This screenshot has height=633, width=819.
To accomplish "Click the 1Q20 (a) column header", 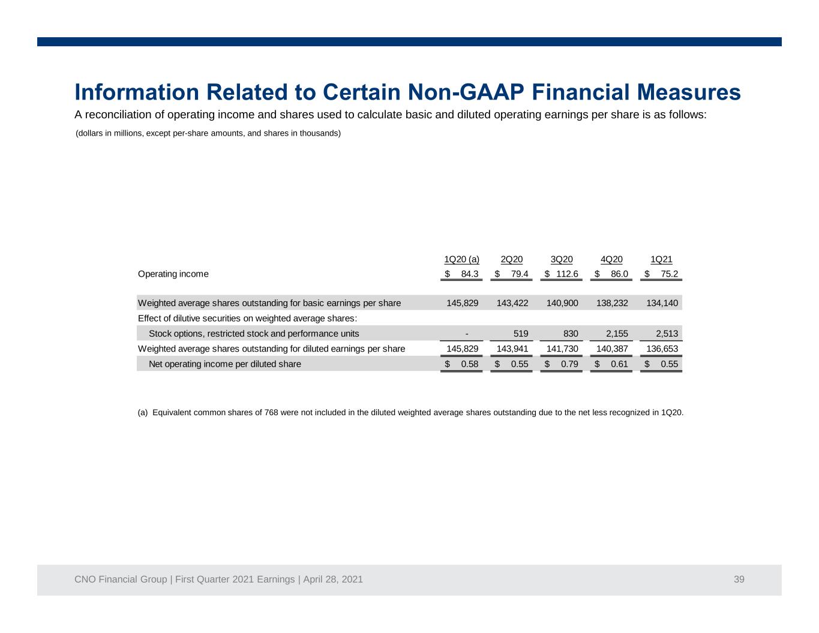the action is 461,259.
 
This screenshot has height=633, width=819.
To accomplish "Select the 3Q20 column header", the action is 562,259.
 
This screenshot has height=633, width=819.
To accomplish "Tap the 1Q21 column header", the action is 661,259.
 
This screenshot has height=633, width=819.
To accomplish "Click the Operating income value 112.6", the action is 567,274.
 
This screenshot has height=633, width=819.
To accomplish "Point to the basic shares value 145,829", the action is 463,303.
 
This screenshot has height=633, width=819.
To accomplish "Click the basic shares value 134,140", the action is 662,303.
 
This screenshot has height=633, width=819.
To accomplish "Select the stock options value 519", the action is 521,334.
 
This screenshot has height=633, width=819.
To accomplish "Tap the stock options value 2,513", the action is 667,334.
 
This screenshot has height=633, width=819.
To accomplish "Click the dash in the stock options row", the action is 467,334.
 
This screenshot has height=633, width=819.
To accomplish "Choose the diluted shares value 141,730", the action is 562,349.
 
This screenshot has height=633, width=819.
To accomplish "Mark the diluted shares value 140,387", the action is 612,349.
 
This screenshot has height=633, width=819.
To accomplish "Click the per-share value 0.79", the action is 569,364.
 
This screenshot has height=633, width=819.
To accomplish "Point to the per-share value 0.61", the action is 619,364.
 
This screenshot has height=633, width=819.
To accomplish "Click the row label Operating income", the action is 173,274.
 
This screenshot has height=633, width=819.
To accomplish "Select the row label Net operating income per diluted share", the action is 225,364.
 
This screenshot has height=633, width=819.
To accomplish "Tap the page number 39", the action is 739,579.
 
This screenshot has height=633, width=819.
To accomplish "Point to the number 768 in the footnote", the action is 271,413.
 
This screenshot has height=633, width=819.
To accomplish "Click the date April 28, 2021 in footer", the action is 333,579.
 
